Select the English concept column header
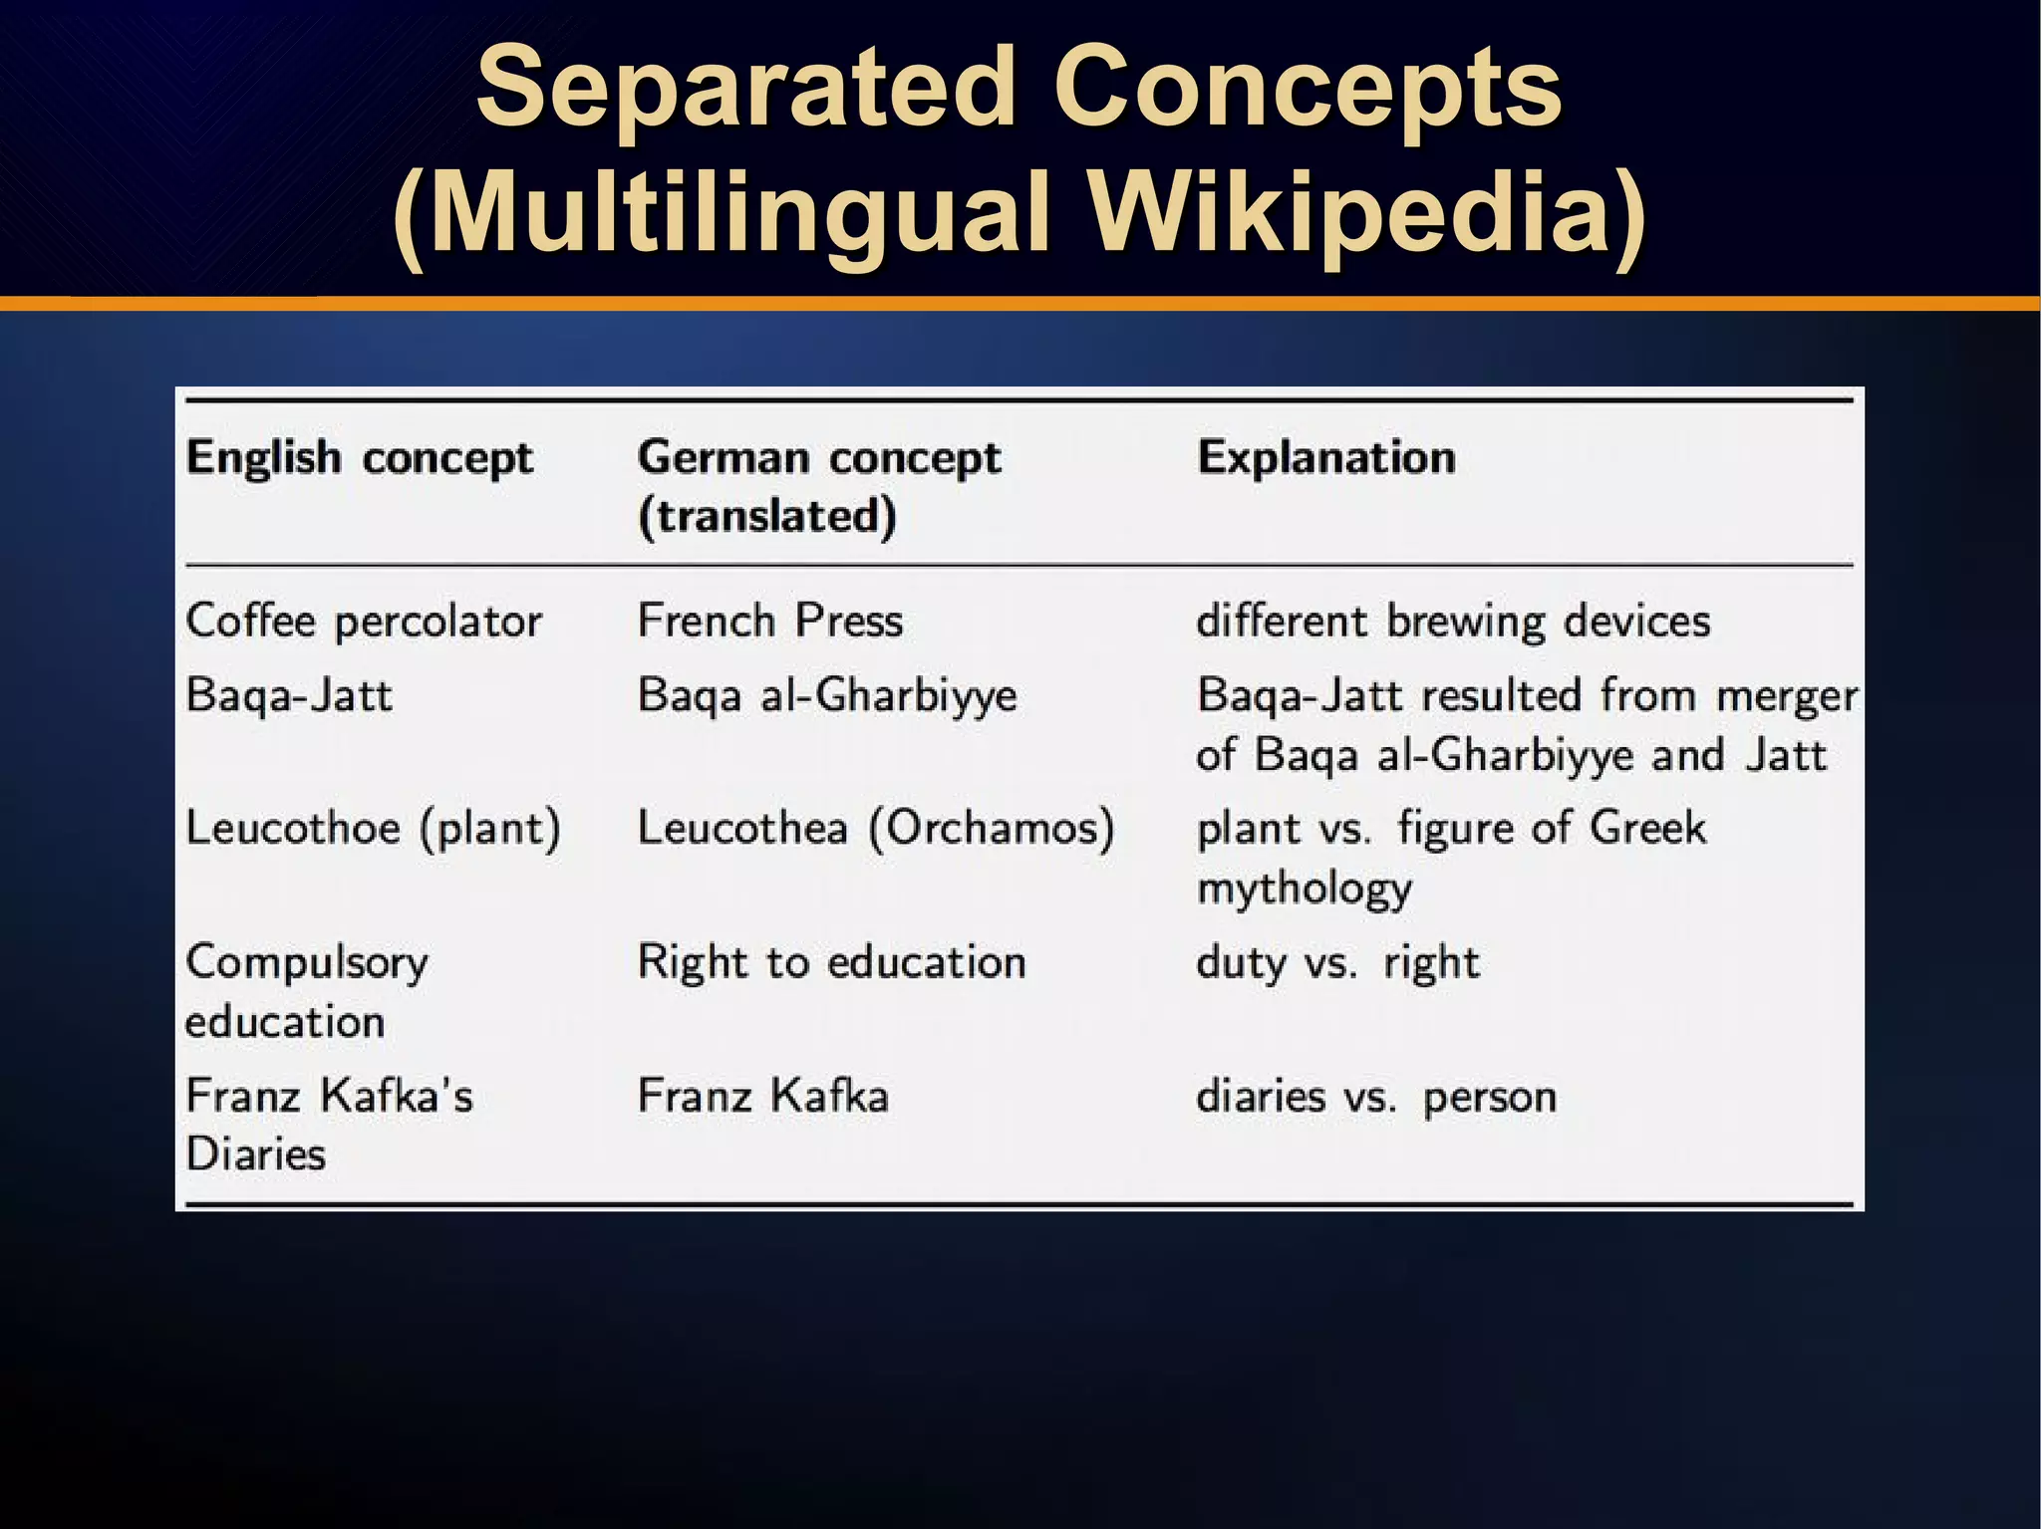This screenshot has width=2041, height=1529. click(359, 458)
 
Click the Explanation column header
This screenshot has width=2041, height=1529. click(1325, 458)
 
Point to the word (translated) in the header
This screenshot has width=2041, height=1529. click(767, 516)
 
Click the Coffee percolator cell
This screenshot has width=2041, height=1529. click(364, 622)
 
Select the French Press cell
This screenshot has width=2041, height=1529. click(769, 621)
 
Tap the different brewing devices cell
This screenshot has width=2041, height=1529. click(1453, 622)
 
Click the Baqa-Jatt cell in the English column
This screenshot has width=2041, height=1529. click(289, 695)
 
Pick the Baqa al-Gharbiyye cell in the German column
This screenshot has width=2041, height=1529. click(827, 695)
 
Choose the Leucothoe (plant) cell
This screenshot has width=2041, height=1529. click(373, 828)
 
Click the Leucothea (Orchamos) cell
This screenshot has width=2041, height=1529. click(875, 828)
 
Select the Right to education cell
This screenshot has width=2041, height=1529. click(831, 962)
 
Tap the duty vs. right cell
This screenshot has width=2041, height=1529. click(1337, 962)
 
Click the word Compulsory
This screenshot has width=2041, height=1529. click(307, 963)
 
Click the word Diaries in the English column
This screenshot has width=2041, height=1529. click(256, 1154)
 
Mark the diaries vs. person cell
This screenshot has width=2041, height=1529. click(1375, 1097)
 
